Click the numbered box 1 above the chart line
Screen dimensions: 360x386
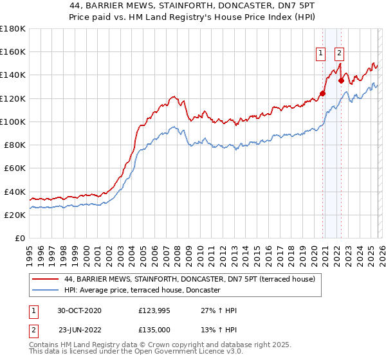tap(320, 54)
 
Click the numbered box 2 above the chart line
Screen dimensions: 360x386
tap(339, 54)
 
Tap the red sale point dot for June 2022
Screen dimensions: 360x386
tap(341, 81)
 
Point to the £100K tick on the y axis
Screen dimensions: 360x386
tap(14, 122)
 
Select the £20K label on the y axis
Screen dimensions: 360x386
tap(15, 215)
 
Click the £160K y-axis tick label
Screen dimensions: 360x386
tap(14, 52)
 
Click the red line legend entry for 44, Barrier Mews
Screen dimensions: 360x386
tap(190, 280)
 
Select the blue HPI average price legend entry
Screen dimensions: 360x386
tap(142, 291)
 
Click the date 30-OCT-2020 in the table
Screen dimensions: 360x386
tap(79, 310)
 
